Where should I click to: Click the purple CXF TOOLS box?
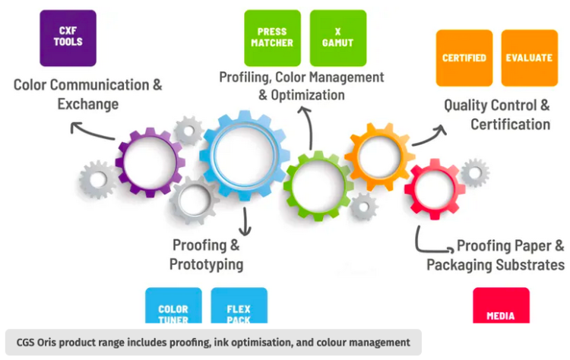68,37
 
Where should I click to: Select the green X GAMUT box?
338,37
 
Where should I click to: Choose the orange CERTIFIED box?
464,58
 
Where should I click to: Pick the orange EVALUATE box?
529,58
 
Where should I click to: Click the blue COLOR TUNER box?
173,311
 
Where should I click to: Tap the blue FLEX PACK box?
239,311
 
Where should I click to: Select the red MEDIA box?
501,311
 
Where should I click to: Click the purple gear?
150,163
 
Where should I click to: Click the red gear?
434,187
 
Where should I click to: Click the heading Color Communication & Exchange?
87,93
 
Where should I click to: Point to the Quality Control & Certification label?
497,115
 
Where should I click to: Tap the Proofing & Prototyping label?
206,254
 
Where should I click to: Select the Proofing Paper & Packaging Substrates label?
496,255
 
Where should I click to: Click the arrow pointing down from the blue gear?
245,221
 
